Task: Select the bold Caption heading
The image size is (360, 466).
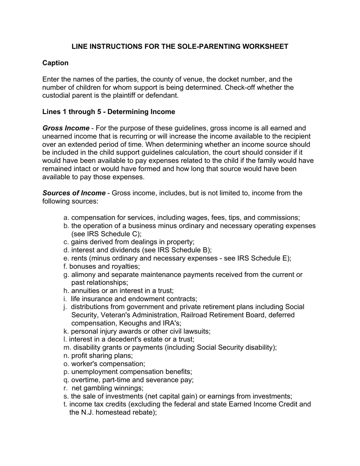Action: pos(55,63)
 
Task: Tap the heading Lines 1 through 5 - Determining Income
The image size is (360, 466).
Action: pos(109,112)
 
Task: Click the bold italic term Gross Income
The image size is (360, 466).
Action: pos(66,128)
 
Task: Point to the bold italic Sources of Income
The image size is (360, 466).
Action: pos(74,193)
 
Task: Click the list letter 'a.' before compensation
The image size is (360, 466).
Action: pos(66,218)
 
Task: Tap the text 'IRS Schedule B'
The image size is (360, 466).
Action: pos(183,250)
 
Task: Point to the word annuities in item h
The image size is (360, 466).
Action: pos(85,291)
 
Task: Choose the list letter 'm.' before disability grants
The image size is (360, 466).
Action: pos(67,348)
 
